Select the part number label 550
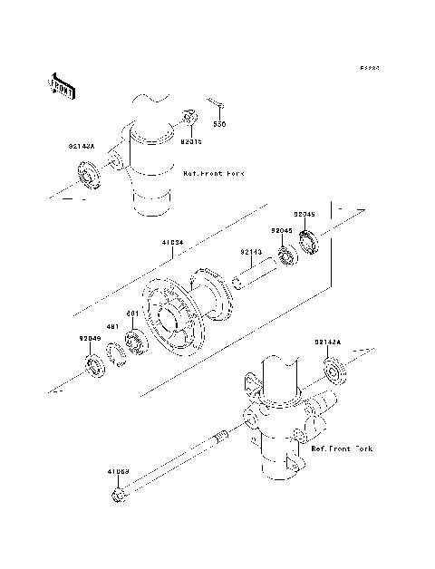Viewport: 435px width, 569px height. (x=218, y=123)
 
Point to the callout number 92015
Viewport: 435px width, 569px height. (x=190, y=141)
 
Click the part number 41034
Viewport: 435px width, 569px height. (x=173, y=243)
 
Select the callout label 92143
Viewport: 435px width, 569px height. (x=251, y=253)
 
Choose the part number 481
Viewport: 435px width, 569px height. (x=114, y=326)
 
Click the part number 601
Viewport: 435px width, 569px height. (x=131, y=313)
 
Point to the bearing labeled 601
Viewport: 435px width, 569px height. (x=137, y=342)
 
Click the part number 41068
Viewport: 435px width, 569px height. (x=118, y=471)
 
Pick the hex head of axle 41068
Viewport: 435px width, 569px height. (x=119, y=496)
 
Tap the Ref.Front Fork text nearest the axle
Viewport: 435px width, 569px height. (x=342, y=448)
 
